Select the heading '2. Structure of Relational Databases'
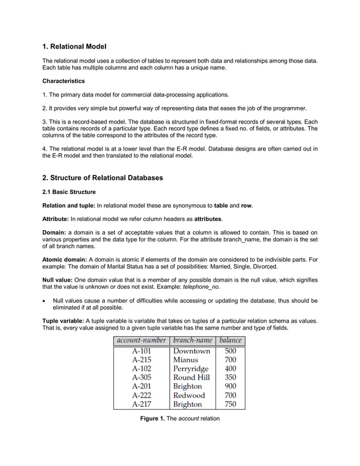[103, 178]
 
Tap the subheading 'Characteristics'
[64, 81]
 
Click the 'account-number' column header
[141, 340]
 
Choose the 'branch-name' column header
[192, 340]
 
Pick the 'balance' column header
[230, 340]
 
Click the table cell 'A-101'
[141, 351]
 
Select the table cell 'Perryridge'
[191, 368]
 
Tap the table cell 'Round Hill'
[191, 377]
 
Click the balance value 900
[230, 386]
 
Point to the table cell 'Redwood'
[189, 395]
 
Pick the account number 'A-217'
[141, 405]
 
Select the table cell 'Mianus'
[186, 359]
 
